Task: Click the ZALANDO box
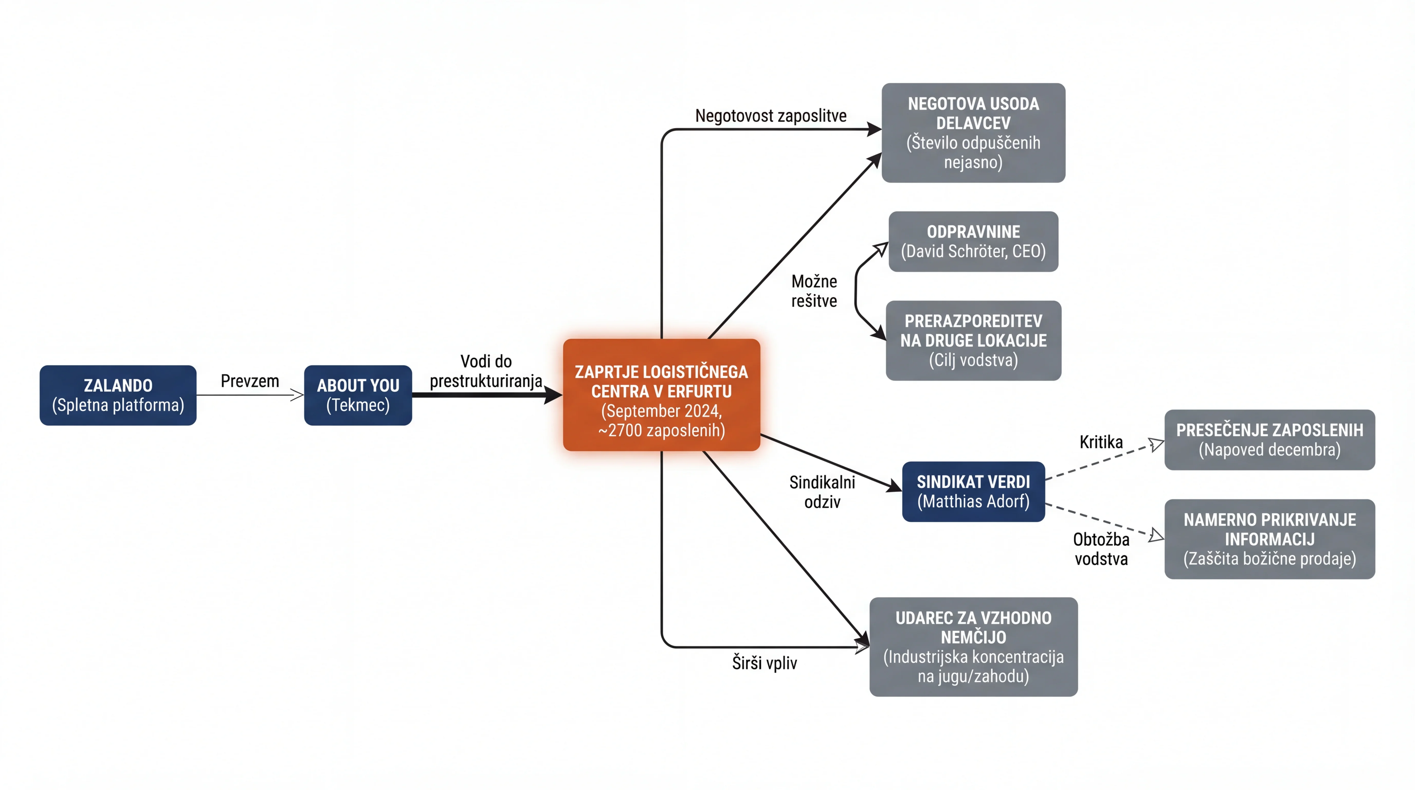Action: coord(118,395)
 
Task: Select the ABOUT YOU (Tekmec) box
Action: coord(358,395)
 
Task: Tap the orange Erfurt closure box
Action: coord(661,395)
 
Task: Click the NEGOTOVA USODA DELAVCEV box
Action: coord(973,133)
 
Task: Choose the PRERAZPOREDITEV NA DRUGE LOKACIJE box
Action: coord(973,341)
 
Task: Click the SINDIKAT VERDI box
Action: coord(973,492)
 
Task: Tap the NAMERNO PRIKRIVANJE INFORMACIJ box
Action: coord(1269,539)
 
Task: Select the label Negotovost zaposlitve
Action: coord(771,116)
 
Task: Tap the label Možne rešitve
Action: coord(814,291)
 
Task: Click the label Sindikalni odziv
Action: coord(822,492)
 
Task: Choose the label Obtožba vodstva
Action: coord(1101,549)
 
